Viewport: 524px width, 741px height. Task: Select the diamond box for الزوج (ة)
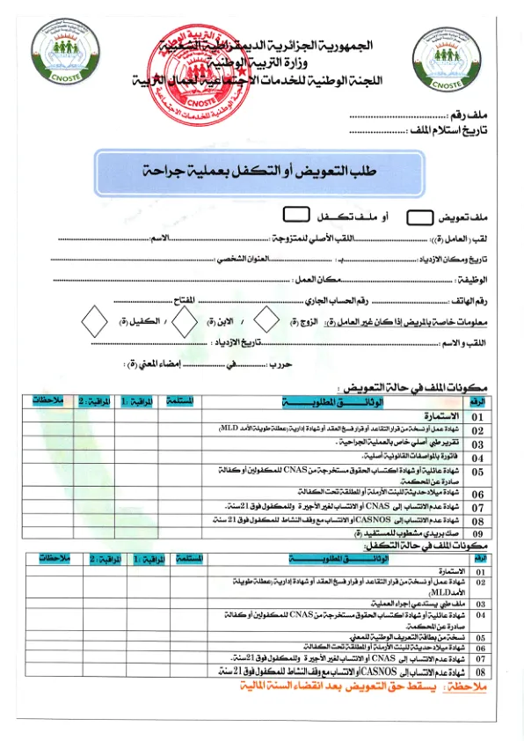click(265, 321)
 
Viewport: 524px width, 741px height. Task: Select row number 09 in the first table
click(477, 533)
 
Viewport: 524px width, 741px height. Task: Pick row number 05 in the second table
click(480, 637)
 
